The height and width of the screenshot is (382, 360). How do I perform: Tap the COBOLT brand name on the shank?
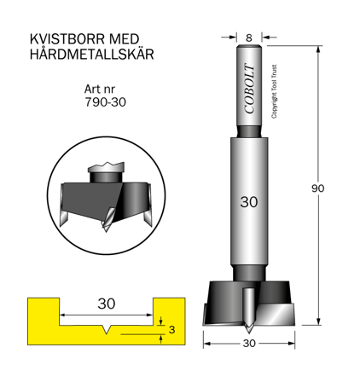248,88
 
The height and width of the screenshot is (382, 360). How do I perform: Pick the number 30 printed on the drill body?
248,203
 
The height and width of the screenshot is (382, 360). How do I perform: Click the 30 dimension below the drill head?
248,344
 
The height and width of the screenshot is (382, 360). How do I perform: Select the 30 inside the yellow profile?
107,304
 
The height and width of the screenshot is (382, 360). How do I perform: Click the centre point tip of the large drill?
248,329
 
